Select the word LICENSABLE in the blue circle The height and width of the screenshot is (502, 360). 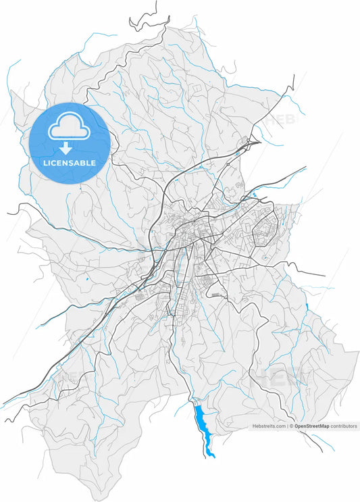pos(70,163)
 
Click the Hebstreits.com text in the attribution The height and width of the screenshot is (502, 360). pos(269,426)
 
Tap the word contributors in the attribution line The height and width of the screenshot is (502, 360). pos(344,426)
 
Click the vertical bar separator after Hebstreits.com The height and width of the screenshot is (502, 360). pos(288,426)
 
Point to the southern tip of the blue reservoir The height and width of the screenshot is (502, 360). pos(213,456)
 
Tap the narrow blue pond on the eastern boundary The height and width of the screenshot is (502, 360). pos(307,308)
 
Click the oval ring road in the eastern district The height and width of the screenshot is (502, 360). pos(263,232)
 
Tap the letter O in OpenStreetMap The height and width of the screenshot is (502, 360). pos(297,426)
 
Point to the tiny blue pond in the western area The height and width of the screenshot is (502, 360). pos(87,278)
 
